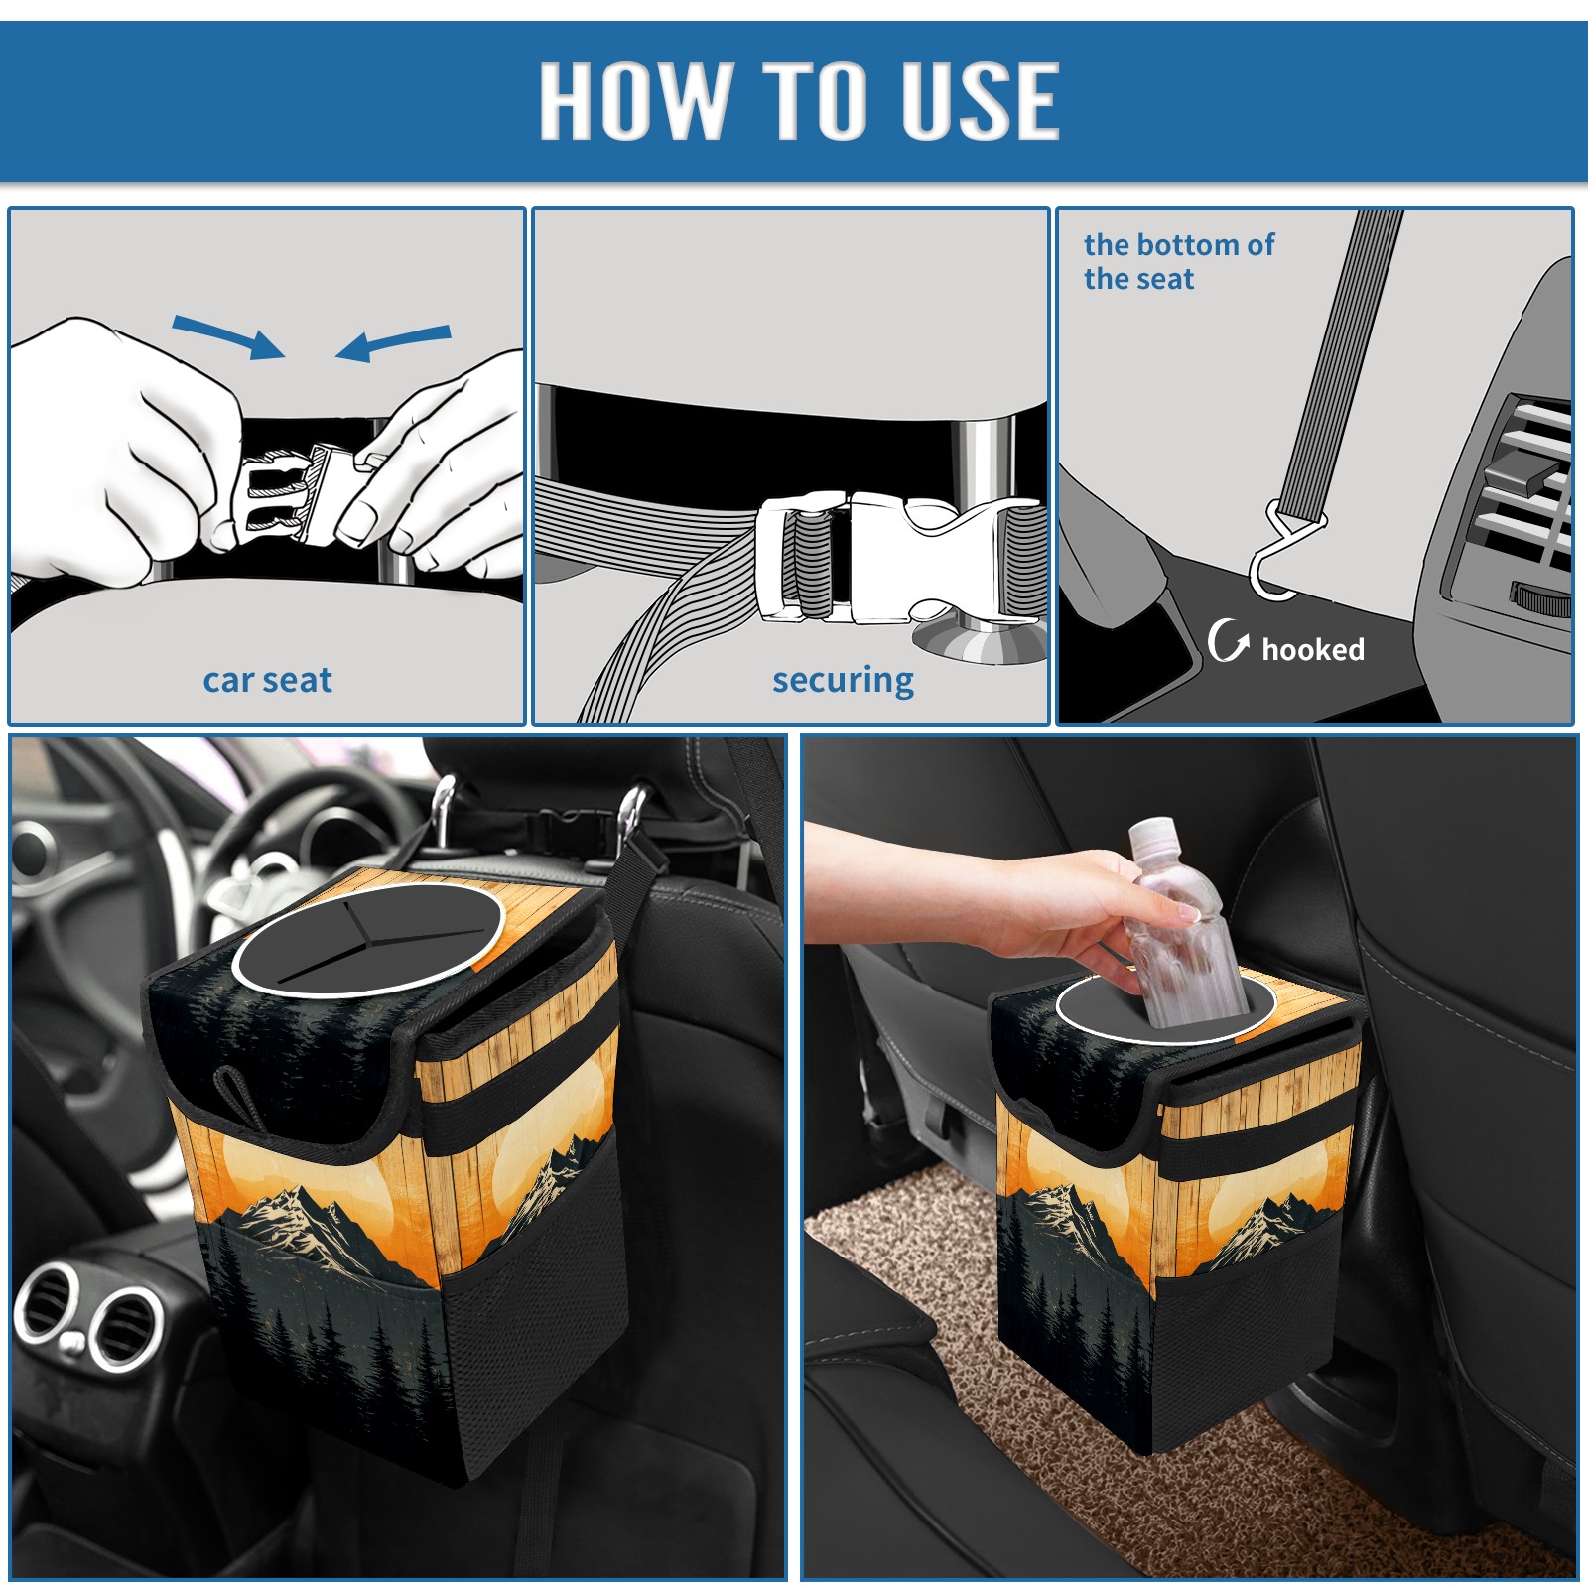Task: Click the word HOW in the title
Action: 636,99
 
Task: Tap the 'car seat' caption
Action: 267,680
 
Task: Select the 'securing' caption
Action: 843,681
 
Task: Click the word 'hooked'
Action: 1313,649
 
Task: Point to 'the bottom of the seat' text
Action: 1178,261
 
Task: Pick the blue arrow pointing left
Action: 393,341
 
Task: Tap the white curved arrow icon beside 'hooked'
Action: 1228,640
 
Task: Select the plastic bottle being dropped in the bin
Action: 1182,923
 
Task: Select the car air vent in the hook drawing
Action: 1519,496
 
